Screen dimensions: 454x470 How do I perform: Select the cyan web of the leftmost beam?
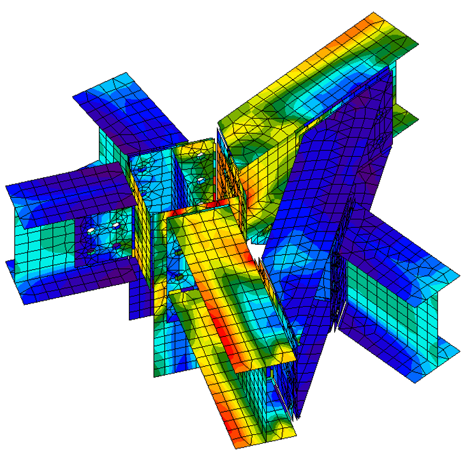pos(45,236)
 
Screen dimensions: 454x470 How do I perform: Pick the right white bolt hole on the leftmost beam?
pos(116,226)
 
